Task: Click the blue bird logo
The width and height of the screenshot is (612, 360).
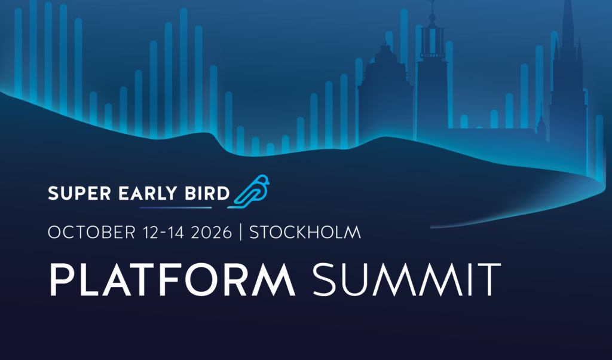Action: (249, 191)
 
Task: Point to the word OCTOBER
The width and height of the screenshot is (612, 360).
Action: (91, 232)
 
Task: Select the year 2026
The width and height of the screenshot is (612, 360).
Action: (212, 232)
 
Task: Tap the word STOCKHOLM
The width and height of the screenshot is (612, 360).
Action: (305, 232)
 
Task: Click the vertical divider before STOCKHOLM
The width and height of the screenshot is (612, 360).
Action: (240, 232)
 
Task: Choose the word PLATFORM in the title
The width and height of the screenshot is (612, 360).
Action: (172, 279)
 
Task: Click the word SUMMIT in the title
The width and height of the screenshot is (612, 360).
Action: (406, 279)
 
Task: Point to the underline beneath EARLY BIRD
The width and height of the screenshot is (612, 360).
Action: (176, 208)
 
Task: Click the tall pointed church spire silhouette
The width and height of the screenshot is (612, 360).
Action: (568, 78)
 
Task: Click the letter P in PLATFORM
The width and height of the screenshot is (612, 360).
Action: (62, 279)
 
